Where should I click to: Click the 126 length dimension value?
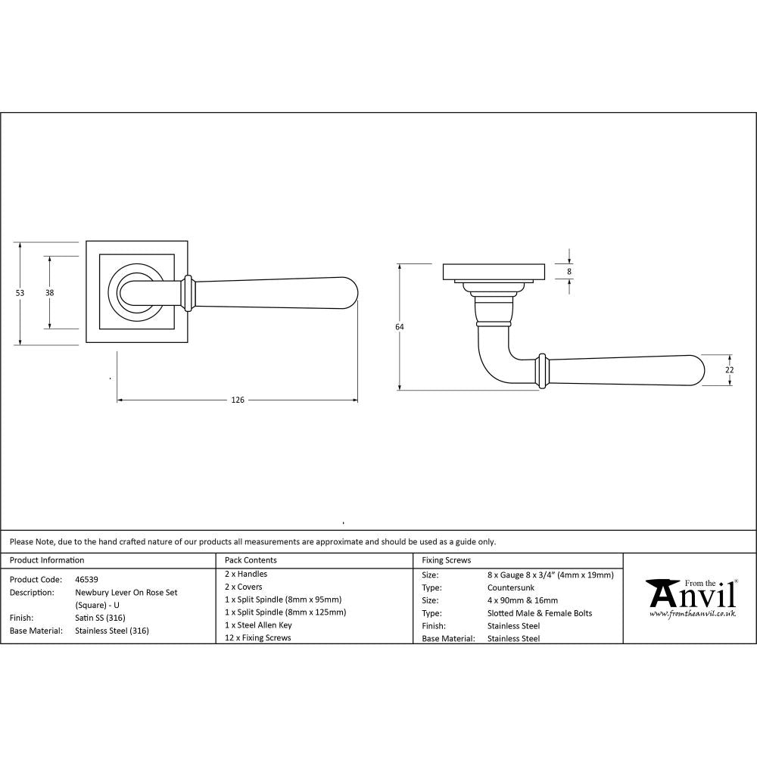tap(238, 400)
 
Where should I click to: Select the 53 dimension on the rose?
tap(20, 293)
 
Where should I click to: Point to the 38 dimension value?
tap(49, 293)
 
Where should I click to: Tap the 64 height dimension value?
tap(400, 327)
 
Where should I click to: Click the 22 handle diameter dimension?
tap(729, 369)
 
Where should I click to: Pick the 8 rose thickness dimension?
tap(569, 271)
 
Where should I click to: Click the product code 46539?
tap(86, 579)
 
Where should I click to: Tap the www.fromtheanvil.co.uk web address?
tap(692, 614)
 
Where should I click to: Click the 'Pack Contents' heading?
tap(251, 560)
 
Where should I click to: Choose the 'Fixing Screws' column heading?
tap(447, 560)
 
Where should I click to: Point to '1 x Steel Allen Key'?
tap(258, 625)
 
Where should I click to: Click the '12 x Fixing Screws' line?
tap(258, 638)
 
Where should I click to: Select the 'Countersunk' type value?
tap(509, 587)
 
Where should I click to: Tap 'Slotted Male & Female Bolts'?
tap(540, 613)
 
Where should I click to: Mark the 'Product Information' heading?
tap(47, 560)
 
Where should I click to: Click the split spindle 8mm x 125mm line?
tap(285, 612)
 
